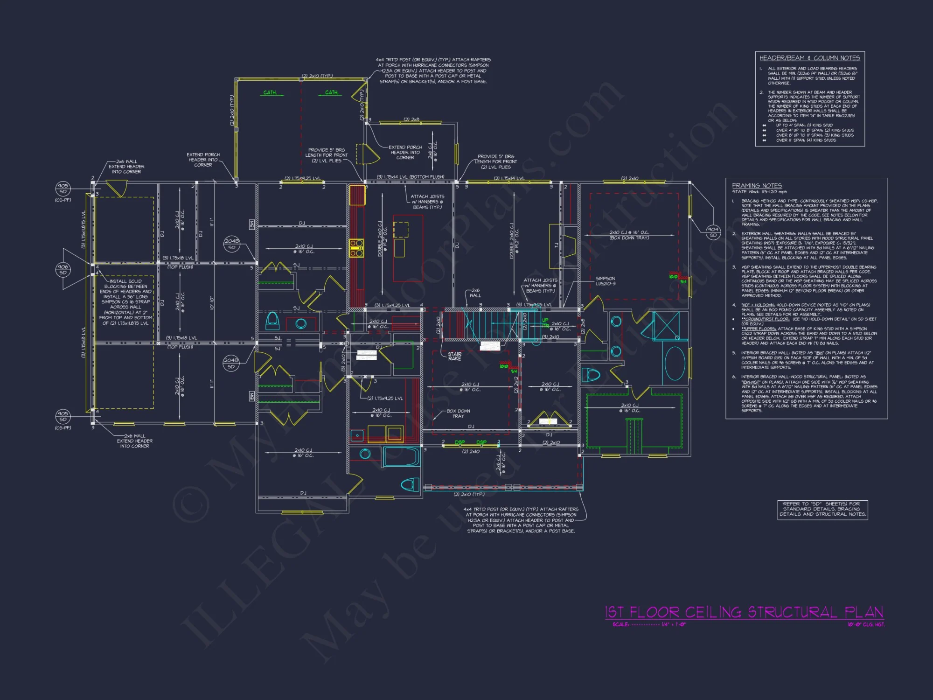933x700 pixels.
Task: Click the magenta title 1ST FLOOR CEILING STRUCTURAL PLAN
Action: coord(744,612)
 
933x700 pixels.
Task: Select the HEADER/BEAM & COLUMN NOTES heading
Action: coord(809,58)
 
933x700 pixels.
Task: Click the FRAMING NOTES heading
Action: coord(757,185)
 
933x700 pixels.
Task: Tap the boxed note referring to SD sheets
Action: coord(822,509)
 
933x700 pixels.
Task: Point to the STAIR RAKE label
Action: coord(454,357)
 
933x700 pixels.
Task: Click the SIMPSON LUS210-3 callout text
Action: coord(605,281)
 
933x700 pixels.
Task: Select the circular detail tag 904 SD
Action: coord(713,232)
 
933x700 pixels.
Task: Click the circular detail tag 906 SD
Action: coord(63,269)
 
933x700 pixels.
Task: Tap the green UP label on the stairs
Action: coord(545,320)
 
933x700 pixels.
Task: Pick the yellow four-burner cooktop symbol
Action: coord(356,248)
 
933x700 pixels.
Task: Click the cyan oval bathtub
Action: coord(674,364)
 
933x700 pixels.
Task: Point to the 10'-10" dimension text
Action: coord(211,303)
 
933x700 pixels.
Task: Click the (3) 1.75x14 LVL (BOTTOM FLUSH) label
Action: coord(410,177)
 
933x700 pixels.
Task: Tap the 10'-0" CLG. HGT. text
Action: coord(866,624)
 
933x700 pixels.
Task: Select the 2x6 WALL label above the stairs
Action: coord(475,293)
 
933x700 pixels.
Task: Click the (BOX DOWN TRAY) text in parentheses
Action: coord(629,238)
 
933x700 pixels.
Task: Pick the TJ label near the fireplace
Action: coord(556,245)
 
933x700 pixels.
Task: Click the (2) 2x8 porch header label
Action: coord(411,119)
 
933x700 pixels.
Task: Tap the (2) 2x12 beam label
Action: coord(516,384)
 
